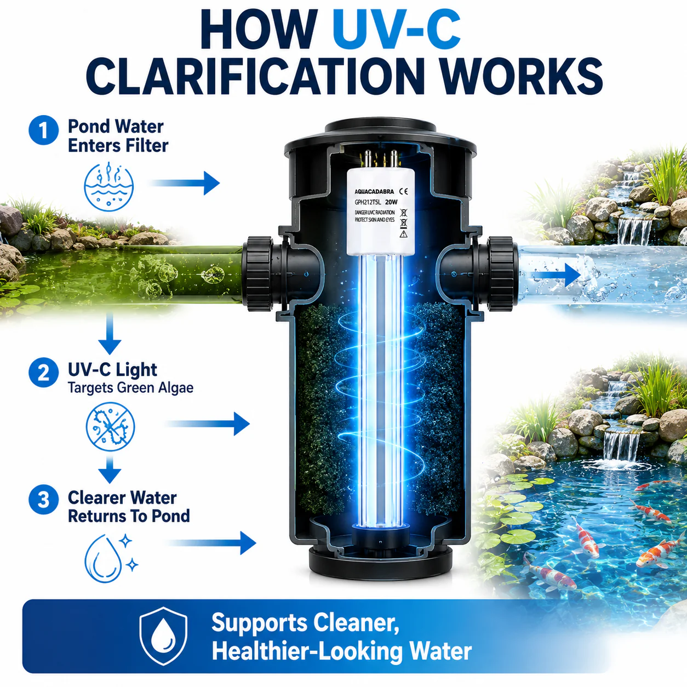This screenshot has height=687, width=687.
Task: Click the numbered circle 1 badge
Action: [x=43, y=130]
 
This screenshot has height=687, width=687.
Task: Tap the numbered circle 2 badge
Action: [x=43, y=373]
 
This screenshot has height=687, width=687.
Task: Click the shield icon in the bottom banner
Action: [x=163, y=636]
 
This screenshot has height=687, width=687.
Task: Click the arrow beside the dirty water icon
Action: [x=185, y=183]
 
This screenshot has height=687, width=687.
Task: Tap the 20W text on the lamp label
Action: [x=391, y=202]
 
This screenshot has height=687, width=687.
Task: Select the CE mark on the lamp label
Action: [x=404, y=191]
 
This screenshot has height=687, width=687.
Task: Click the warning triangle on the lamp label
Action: [x=403, y=234]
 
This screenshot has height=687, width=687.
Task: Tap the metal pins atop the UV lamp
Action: [x=380, y=159]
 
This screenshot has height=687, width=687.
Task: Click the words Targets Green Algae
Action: [x=130, y=387]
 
